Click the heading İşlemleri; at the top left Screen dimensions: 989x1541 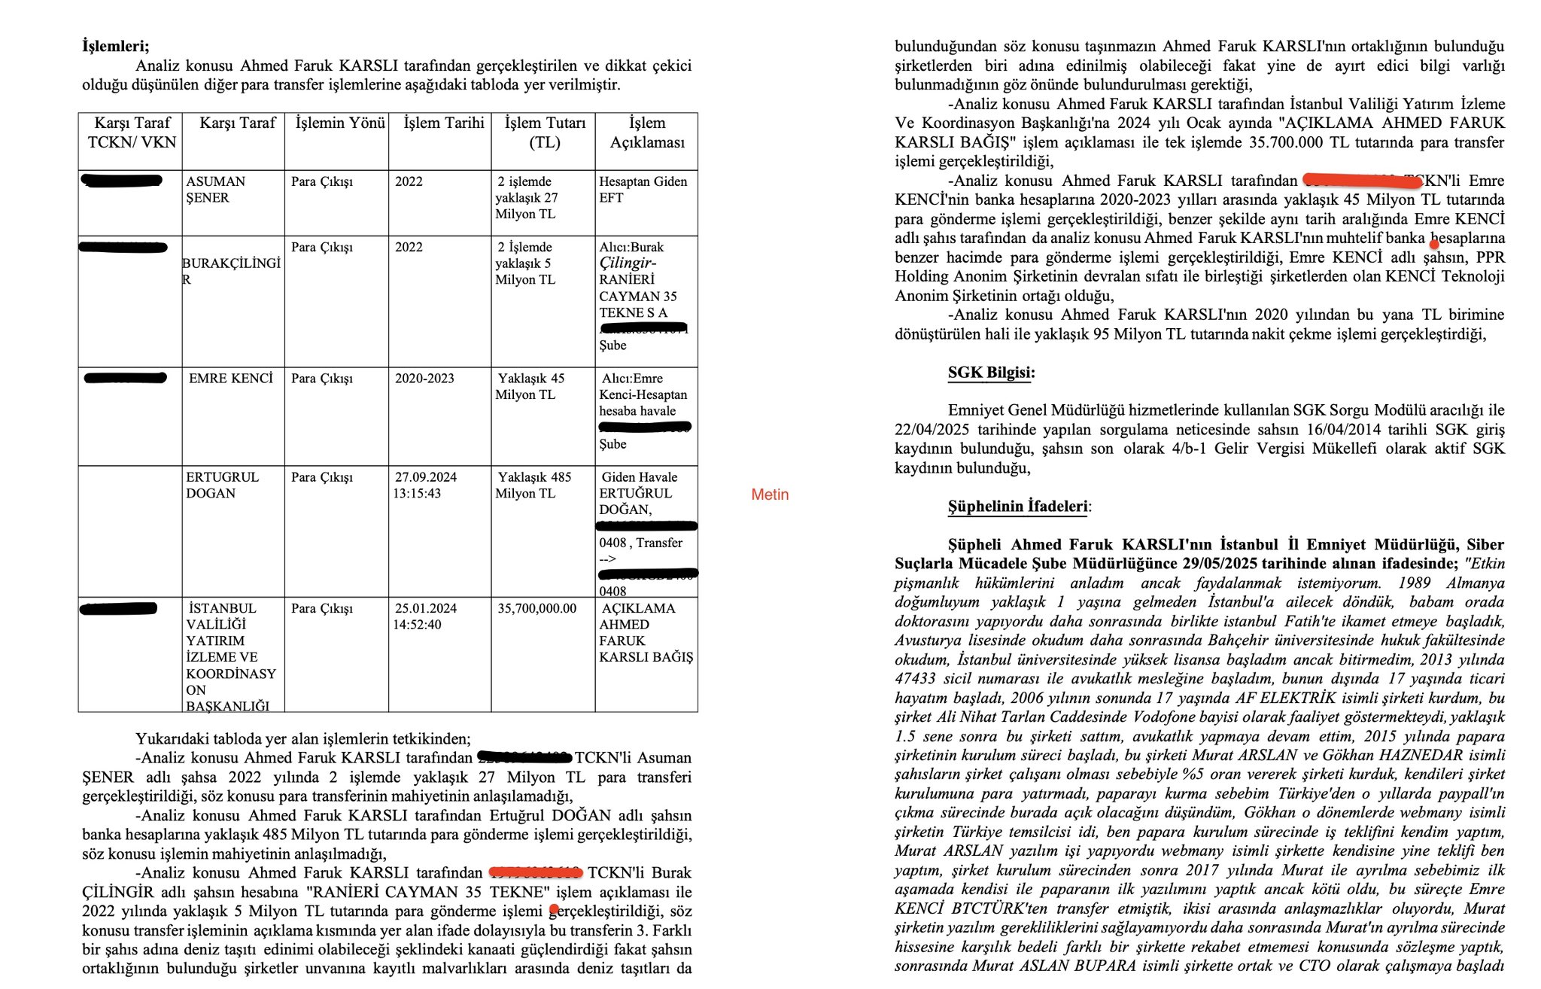pyautogui.click(x=115, y=46)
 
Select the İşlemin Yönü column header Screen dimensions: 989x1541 pyautogui.click(x=340, y=123)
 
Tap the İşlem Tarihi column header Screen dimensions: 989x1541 pyautogui.click(x=443, y=123)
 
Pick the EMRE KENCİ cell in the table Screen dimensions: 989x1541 pyautogui.click(x=230, y=379)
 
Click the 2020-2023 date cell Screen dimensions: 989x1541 pyautogui.click(x=424, y=379)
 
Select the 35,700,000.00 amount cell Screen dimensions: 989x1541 pyautogui.click(x=536, y=608)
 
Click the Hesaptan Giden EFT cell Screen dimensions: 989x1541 pyautogui.click(x=643, y=190)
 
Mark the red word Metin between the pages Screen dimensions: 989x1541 pyautogui.click(x=770, y=494)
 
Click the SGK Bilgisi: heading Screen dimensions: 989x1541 pyautogui.click(x=991, y=373)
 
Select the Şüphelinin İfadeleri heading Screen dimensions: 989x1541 pyautogui.click(x=1018, y=506)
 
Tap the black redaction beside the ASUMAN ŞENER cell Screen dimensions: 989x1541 pyautogui.click(x=122, y=181)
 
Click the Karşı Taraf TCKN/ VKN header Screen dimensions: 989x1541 pyautogui.click(x=132, y=132)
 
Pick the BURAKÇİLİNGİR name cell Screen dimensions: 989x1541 pyautogui.click(x=231, y=271)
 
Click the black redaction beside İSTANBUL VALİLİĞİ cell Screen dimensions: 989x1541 pyautogui.click(x=118, y=608)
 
